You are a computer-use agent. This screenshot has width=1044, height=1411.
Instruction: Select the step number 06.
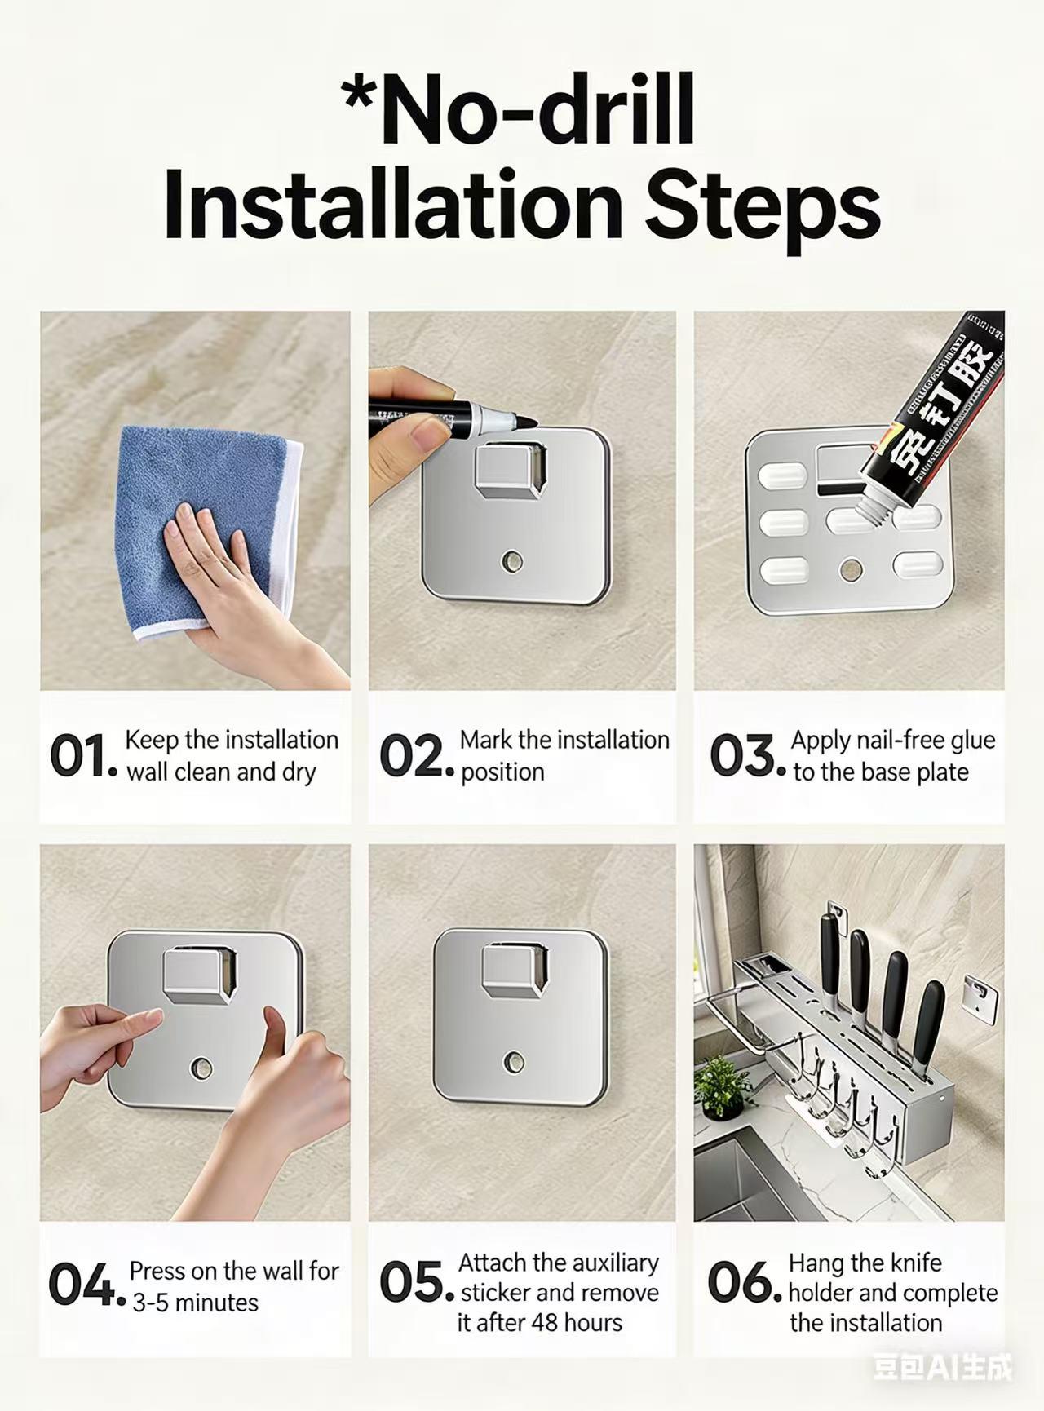740,1283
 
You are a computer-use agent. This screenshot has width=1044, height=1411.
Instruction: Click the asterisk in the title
361,100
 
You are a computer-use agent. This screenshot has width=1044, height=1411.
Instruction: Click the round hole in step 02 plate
513,561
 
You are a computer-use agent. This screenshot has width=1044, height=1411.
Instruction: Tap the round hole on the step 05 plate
514,1061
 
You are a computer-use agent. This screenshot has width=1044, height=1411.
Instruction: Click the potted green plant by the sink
721,1085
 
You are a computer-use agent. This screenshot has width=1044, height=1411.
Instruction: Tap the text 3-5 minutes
195,1303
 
